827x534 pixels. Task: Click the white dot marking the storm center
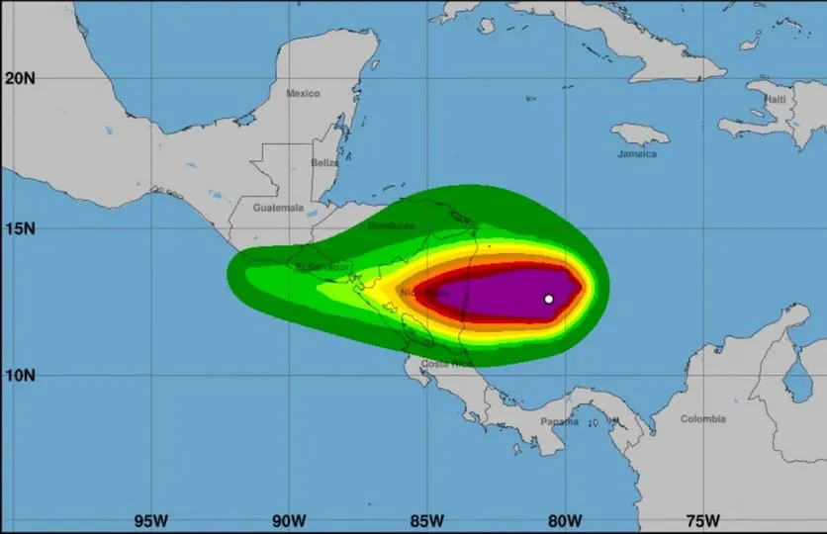pos(549,299)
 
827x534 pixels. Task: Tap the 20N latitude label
pos(20,78)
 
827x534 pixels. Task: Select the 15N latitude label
pos(20,228)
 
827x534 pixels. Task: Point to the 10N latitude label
pos(20,376)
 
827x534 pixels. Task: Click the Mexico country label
pos(303,93)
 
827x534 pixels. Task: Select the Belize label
pos(324,162)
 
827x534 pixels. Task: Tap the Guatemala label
pos(278,208)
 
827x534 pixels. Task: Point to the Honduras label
pos(391,225)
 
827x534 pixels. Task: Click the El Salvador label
pos(322,267)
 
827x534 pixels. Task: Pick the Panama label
pos(559,421)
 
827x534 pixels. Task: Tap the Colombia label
pos(703,419)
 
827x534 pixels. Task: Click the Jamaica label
pos(637,154)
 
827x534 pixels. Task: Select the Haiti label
pos(775,100)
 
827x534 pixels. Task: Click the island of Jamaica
pos(639,133)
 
